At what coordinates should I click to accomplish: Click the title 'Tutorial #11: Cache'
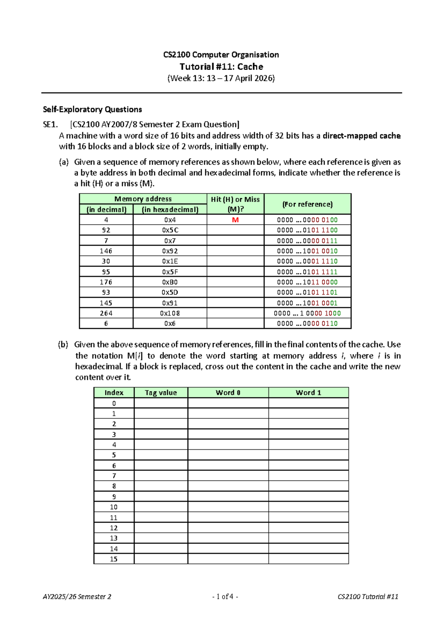point(221,67)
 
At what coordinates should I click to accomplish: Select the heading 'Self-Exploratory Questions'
point(92,109)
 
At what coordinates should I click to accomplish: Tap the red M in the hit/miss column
point(235,220)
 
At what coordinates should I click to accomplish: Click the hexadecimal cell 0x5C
point(170,230)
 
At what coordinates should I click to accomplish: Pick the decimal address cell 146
point(106,251)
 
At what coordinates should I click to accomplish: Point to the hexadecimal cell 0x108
point(170,313)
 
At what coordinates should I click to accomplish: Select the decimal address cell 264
point(106,313)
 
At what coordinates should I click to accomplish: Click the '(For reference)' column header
point(307,204)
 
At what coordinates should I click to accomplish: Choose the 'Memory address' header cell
point(143,199)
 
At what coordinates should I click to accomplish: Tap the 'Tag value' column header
point(161,393)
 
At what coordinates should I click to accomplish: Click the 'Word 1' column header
point(308,393)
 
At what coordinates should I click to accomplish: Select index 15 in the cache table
point(114,559)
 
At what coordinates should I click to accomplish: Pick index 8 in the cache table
point(114,486)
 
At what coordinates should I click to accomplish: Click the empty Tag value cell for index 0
point(161,403)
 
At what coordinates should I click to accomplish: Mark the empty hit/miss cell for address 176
point(235,282)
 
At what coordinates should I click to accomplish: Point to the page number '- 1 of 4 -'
point(225,597)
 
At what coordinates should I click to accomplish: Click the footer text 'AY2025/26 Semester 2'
point(77,597)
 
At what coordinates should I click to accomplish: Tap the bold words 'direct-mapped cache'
point(361,136)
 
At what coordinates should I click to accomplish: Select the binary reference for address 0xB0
point(307,282)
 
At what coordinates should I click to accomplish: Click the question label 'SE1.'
point(50,125)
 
